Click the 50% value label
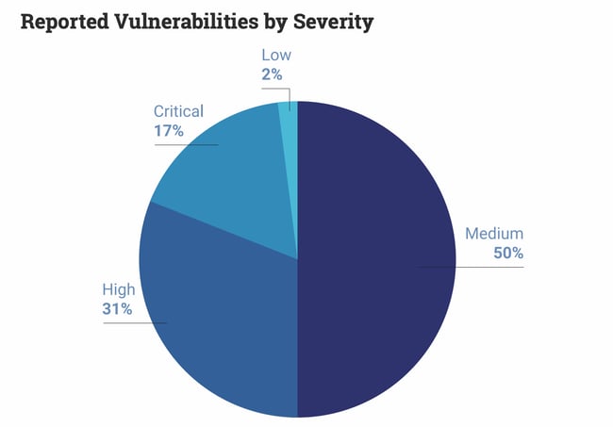[x=507, y=253]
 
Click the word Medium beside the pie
[x=494, y=234]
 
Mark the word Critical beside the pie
[x=178, y=111]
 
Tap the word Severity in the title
[x=335, y=23]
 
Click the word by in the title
[x=281, y=23]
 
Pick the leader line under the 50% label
[x=472, y=268]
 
